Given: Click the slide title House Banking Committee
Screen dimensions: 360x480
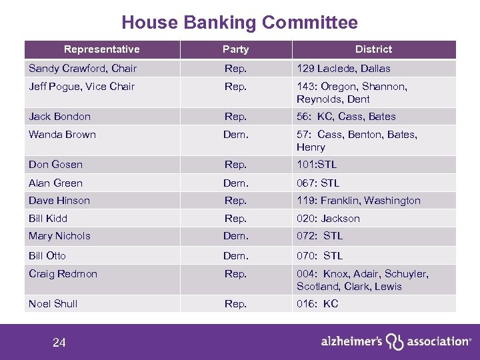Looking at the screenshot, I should (x=239, y=23).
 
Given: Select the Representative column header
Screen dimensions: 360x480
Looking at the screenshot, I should (x=101, y=49).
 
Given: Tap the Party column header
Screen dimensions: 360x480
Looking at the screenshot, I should (x=235, y=49).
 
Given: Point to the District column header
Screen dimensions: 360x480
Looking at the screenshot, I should (x=373, y=49).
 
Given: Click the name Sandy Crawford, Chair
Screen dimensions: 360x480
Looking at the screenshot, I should (x=83, y=69).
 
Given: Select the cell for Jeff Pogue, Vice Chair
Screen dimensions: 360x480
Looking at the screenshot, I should (x=81, y=87).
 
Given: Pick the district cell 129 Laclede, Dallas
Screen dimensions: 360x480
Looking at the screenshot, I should (x=344, y=69).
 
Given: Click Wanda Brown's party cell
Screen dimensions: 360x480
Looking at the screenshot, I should (x=235, y=135).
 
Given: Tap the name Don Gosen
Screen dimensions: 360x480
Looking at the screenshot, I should (x=55, y=165).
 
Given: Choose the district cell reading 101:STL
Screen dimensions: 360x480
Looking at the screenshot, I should (x=317, y=165).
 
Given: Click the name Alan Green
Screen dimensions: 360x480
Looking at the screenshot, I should (x=55, y=183).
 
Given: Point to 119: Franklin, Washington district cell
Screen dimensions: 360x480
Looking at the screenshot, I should (x=359, y=201).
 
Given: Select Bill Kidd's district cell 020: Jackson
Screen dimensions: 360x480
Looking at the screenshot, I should (x=328, y=219).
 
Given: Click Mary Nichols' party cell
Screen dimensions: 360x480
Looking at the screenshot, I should (x=235, y=236).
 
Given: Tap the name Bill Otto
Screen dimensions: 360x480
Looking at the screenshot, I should (x=47, y=256).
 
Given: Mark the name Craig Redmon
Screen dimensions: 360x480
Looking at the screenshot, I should (x=63, y=274).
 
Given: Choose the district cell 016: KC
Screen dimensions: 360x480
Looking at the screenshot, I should (x=317, y=304).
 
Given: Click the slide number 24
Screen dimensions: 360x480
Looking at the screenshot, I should (x=59, y=343).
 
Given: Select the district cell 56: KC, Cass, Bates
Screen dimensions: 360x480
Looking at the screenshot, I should (x=346, y=117).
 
